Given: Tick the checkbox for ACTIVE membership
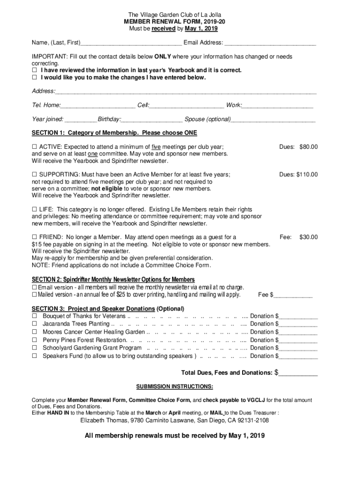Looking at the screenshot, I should pyautogui.click(x=34, y=147).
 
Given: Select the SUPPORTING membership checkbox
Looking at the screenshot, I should pyautogui.click(x=34, y=175).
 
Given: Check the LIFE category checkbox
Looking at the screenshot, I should pyautogui.click(x=34, y=210).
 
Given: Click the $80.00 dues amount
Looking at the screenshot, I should pyautogui.click(x=309, y=147).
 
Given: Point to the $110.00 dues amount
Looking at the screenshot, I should pyautogui.click(x=307, y=175).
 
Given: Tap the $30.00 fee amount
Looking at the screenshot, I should pyautogui.click(x=309, y=237).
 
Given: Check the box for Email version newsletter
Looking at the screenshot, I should pyautogui.click(x=34, y=287).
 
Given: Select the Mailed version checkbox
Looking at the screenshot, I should pyautogui.click(x=34, y=295).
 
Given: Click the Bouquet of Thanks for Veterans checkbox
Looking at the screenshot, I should pyautogui.click(x=34, y=316).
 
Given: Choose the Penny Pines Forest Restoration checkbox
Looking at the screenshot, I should pyautogui.click(x=34, y=340).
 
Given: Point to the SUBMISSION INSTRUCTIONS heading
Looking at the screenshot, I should pyautogui.click(x=174, y=387).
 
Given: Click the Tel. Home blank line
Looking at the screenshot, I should pyautogui.click(x=98, y=105).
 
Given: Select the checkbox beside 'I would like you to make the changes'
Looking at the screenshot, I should pyautogui.click(x=34, y=78).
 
